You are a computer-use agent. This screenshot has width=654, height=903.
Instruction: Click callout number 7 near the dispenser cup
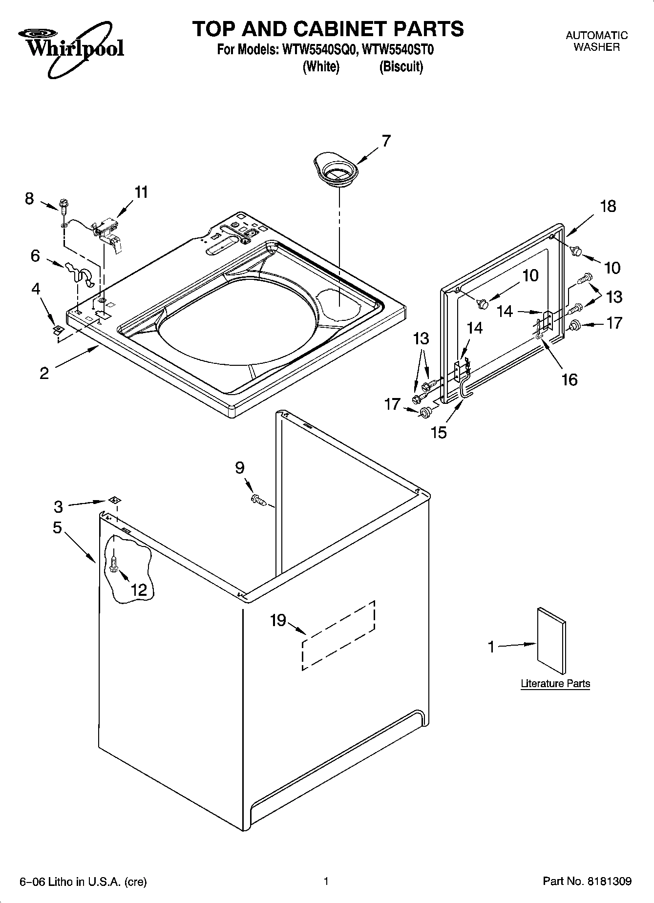click(386, 141)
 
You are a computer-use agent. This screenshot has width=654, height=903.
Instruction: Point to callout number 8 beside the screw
click(29, 198)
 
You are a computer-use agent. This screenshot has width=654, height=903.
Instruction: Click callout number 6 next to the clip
click(35, 255)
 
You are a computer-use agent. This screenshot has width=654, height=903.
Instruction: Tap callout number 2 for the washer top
click(44, 374)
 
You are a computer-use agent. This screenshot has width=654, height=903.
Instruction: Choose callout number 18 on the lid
click(608, 206)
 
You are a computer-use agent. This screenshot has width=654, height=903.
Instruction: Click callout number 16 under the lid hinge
click(570, 379)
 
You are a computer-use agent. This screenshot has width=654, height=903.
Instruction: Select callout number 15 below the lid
click(439, 432)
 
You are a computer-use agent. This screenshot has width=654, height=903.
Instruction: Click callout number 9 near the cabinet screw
click(239, 468)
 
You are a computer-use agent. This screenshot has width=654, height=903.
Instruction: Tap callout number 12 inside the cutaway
click(139, 589)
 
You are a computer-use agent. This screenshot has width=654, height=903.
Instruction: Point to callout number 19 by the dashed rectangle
click(278, 620)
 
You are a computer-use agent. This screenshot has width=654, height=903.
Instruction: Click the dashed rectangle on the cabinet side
click(338, 635)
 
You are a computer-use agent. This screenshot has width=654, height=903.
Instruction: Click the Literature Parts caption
click(555, 683)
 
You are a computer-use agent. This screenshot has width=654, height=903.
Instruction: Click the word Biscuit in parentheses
click(401, 67)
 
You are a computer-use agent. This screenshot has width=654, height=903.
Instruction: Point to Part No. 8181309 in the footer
click(587, 881)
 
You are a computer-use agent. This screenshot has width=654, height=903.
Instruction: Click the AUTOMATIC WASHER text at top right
click(596, 41)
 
